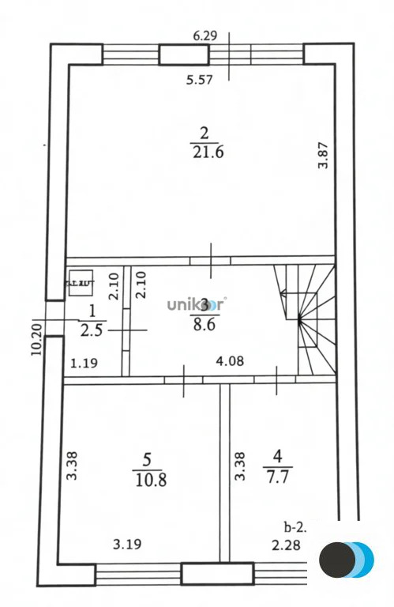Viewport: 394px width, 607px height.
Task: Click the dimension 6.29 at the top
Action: (207, 36)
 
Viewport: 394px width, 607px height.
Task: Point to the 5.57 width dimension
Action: (200, 79)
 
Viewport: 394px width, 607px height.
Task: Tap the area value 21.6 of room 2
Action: (208, 152)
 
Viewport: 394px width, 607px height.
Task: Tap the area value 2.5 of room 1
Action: (92, 330)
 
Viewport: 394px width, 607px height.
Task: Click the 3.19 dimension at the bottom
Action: (126, 544)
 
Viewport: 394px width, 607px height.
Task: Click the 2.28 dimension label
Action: (286, 544)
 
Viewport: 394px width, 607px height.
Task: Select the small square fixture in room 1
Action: (79, 283)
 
